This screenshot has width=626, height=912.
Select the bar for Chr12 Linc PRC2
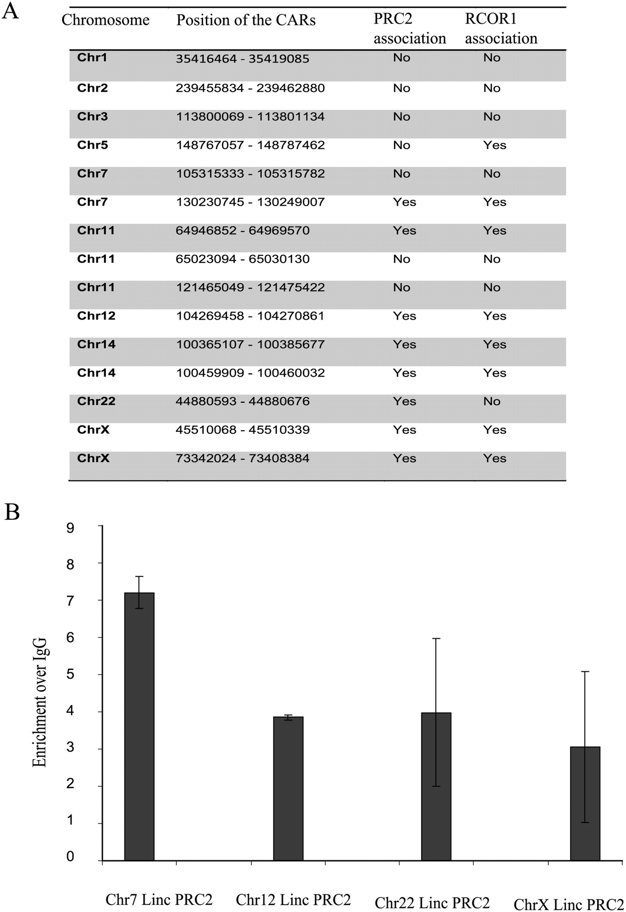pyautogui.click(x=288, y=788)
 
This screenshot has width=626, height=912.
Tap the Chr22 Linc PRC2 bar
pyautogui.click(x=436, y=786)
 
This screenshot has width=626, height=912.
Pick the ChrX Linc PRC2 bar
pyautogui.click(x=585, y=803)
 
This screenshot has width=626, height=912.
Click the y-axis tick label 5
pyautogui.click(x=70, y=674)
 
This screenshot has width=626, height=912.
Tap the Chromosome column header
pyautogui.click(x=105, y=20)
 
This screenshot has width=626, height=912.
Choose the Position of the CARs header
pyautogui.click(x=246, y=20)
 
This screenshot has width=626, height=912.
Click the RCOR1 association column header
pyautogui.click(x=501, y=28)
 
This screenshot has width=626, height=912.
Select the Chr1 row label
pyautogui.click(x=92, y=58)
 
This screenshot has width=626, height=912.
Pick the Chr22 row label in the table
pyautogui.click(x=96, y=401)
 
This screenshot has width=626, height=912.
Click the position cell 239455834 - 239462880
pyautogui.click(x=250, y=88)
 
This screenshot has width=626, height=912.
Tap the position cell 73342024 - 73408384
pyautogui.click(x=243, y=459)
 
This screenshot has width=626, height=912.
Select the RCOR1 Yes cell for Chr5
pyautogui.click(x=495, y=145)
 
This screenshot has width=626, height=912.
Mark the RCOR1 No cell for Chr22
pyautogui.click(x=492, y=401)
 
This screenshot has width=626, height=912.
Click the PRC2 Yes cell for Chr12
pyautogui.click(x=404, y=316)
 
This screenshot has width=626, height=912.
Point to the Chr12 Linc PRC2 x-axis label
pyautogui.click(x=293, y=900)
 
